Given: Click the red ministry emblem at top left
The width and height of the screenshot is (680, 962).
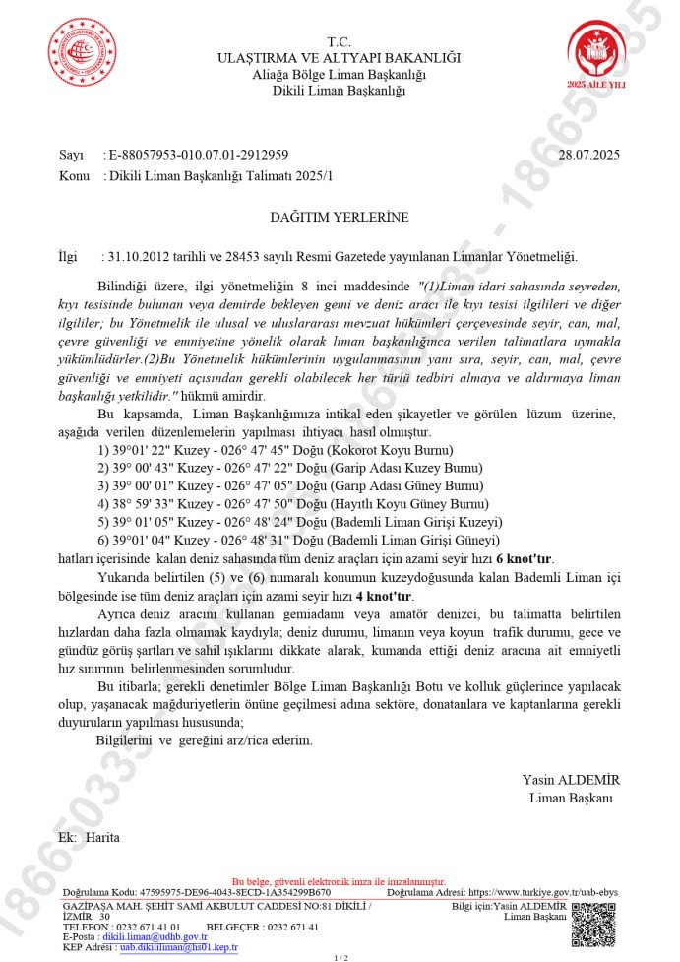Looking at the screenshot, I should (x=83, y=52).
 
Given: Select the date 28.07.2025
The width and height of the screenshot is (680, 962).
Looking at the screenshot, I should (x=588, y=155).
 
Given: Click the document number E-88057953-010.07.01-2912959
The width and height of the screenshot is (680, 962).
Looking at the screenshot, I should (x=199, y=155).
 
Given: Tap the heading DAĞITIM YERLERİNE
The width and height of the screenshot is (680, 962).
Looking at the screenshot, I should (x=339, y=216).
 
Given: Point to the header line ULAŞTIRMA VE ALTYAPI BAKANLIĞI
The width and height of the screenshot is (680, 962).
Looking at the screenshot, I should (x=339, y=59).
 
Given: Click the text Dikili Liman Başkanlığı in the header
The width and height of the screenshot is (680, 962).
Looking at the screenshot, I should (x=339, y=92).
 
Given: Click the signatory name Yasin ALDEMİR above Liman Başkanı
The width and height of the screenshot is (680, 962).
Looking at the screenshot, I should (x=571, y=779).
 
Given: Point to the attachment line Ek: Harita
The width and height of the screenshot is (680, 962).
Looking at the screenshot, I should (x=89, y=837).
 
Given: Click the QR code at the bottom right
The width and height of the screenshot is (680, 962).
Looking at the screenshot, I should (x=593, y=924).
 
